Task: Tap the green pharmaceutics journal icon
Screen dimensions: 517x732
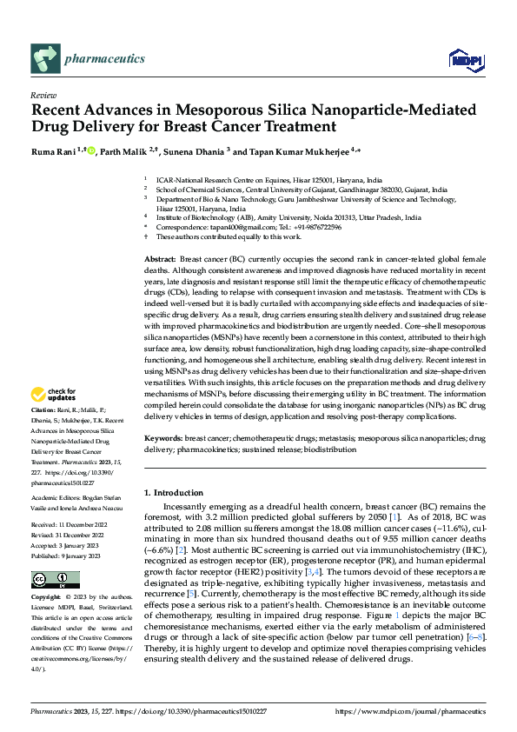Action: click(43, 58)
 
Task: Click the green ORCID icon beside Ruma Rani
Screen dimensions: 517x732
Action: click(91, 150)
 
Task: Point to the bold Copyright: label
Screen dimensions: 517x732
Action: click(46, 598)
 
